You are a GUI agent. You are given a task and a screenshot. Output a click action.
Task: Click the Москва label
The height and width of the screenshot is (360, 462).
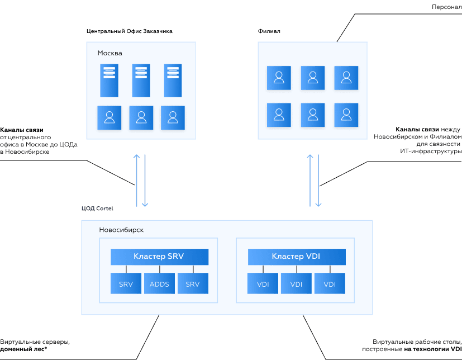[x=109, y=53]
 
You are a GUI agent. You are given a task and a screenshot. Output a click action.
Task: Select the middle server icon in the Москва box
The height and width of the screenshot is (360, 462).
[x=141, y=80]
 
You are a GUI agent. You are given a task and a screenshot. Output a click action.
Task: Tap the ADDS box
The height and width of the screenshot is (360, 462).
[x=159, y=284]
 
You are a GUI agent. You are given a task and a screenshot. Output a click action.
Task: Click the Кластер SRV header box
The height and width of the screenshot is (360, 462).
[x=159, y=257]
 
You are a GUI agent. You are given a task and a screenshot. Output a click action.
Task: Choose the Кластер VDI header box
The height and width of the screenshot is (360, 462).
[x=297, y=257]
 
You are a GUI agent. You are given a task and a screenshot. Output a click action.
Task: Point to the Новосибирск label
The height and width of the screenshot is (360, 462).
[x=121, y=230]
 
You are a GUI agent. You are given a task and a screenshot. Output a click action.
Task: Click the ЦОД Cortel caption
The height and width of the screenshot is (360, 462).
[x=97, y=209]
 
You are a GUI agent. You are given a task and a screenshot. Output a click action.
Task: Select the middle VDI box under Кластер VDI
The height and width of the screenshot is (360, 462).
[x=297, y=284]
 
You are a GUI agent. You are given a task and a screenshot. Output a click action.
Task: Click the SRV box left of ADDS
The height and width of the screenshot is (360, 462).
[x=126, y=284]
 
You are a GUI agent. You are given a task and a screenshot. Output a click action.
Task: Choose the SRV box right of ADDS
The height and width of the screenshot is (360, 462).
[x=193, y=284]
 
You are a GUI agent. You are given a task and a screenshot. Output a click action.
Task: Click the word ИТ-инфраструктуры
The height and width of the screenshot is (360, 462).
[x=431, y=151]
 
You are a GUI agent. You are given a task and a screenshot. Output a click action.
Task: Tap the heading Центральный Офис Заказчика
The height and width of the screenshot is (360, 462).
[x=129, y=31]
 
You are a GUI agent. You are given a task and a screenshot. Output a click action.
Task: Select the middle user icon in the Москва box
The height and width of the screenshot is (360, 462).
[x=141, y=117]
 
